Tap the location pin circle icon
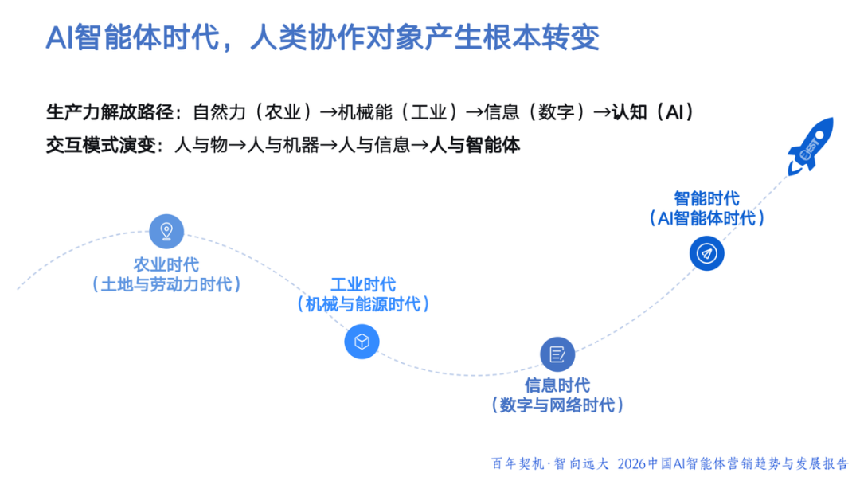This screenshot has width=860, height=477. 166,232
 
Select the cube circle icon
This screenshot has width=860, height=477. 362,342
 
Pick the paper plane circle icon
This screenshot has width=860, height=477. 706,253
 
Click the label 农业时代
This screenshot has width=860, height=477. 166,264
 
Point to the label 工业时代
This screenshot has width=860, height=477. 362,284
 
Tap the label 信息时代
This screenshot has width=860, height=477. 557,385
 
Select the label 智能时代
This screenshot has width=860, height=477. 706,198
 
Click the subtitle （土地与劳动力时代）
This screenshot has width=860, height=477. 166,284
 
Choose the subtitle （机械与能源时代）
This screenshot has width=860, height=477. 362,304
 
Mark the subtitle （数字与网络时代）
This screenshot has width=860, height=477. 557,405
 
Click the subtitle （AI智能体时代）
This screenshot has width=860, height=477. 706,218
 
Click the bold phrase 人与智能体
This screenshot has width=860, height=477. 475,145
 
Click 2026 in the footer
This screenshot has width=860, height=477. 634,463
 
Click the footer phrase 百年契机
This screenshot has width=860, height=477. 517,463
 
